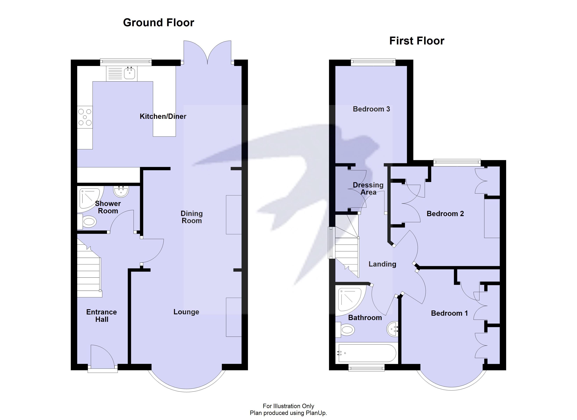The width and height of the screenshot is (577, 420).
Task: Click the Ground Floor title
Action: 158,23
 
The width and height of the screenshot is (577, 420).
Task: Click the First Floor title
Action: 416,41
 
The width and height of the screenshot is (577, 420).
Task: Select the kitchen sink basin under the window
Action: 130,73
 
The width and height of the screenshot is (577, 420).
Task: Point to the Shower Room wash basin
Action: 121,191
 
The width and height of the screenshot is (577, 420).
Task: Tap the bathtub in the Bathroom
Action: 366,353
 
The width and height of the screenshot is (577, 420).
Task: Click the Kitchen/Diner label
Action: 163,116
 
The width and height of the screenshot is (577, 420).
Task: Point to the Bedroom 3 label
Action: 371,109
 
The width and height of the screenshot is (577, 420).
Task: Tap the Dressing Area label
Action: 368,188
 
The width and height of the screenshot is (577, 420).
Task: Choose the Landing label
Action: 382,264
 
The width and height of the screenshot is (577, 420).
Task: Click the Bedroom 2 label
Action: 445,213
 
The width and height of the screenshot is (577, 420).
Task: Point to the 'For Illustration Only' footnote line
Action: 288,406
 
